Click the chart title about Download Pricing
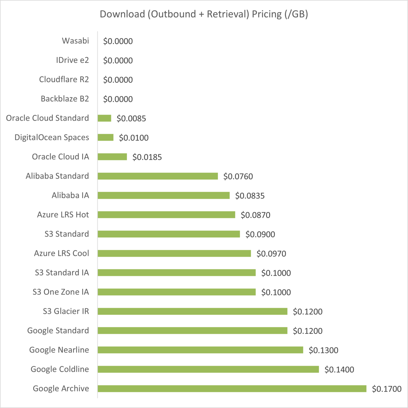point(204,14)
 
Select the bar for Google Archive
point(232,389)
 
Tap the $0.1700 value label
point(387,389)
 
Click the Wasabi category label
point(76,41)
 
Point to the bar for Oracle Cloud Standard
point(104,118)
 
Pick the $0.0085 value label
point(131,119)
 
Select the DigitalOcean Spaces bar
point(106,137)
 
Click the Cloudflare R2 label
point(64,79)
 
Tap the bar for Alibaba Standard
point(158,176)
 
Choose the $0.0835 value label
point(250,196)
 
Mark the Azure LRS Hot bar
point(166,215)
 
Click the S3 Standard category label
point(67,234)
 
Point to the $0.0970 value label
point(271,254)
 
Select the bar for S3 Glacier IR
point(193,311)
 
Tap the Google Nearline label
point(59,350)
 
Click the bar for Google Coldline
point(208,369)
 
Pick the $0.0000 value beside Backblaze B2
point(118,99)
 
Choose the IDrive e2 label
point(72,60)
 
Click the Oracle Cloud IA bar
point(112,157)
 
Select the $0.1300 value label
point(324,350)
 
